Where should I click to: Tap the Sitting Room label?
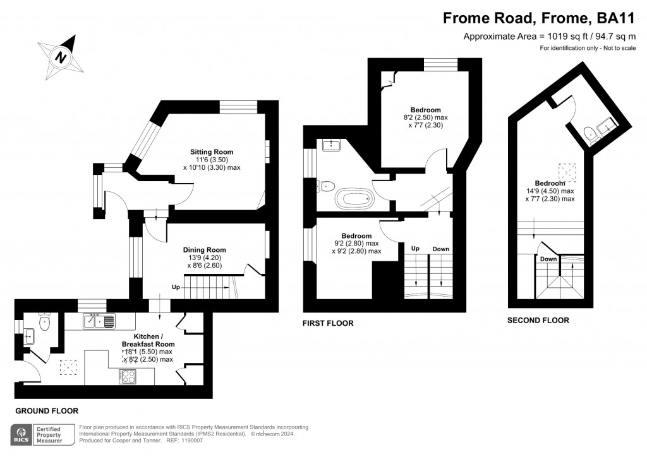212,152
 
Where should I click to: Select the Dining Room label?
204,250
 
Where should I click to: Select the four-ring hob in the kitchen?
128,377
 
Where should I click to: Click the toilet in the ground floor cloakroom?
44,322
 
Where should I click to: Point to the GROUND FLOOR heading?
47,411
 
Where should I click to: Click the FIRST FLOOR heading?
327,323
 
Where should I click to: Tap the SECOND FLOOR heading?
538,321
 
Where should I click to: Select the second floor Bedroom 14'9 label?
549,183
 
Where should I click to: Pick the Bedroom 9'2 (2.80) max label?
356,235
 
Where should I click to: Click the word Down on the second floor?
548,259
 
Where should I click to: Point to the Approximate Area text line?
549,36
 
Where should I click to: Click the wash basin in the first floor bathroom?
332,146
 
